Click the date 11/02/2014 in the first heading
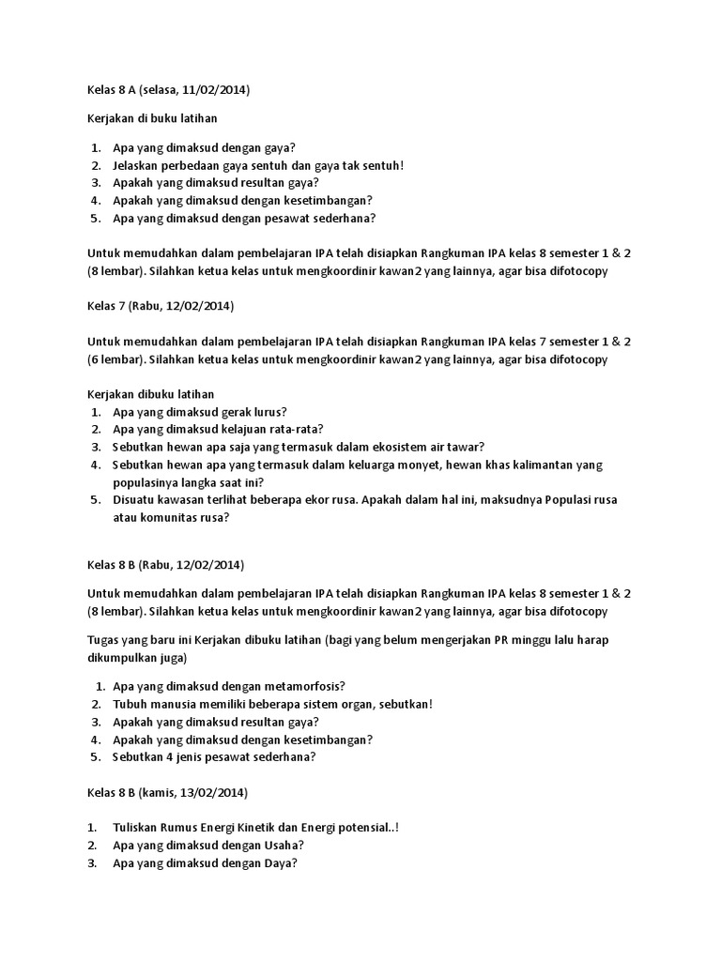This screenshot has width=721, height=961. [213, 90]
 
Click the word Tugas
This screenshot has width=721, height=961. [105, 640]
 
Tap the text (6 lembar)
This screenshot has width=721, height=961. [116, 358]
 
